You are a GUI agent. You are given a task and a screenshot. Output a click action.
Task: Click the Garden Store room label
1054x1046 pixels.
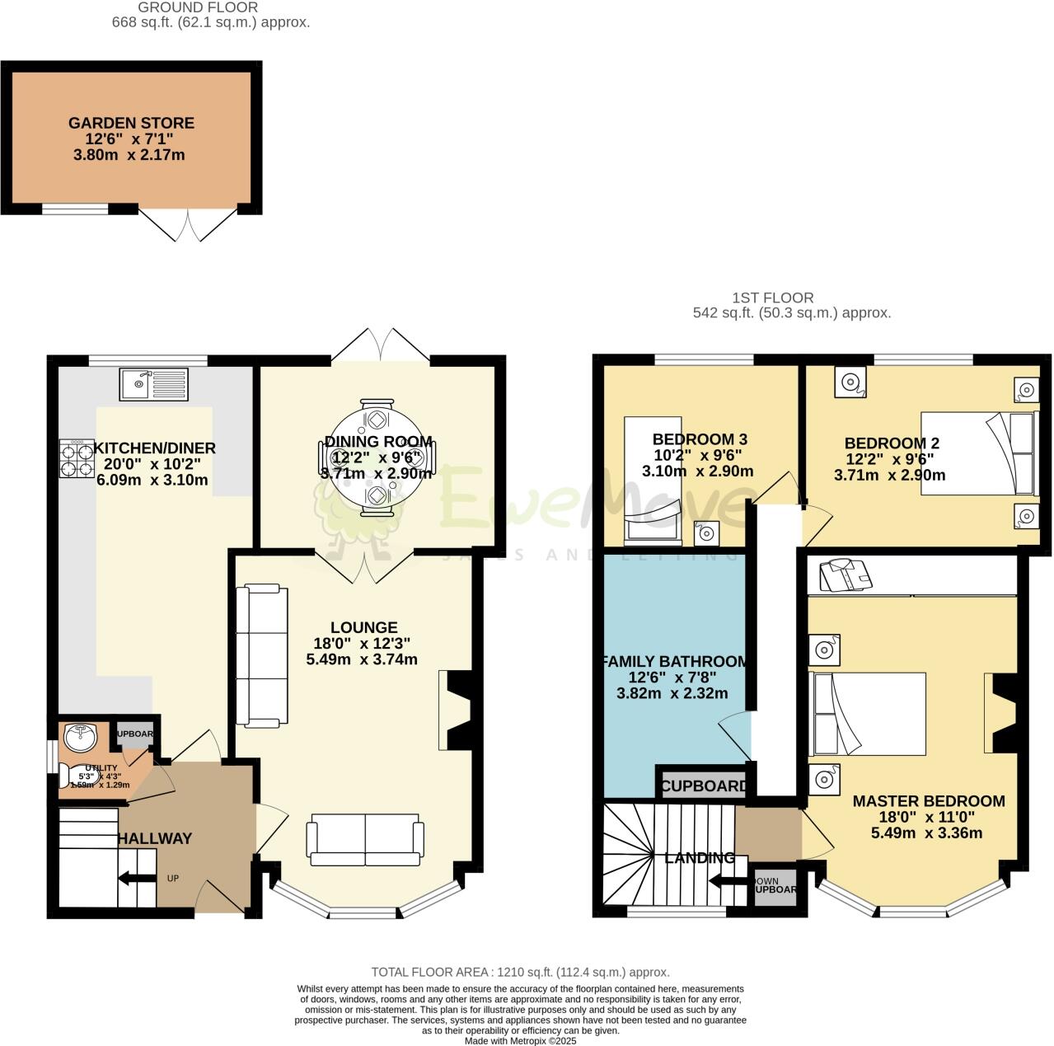pyautogui.click(x=131, y=123)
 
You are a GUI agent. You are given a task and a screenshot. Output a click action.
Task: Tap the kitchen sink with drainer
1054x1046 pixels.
pyautogui.click(x=154, y=383)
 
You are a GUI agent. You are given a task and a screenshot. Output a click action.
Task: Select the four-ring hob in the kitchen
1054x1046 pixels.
pyautogui.click(x=76, y=458)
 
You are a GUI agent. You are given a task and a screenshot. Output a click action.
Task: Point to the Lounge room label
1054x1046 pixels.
pyautogui.click(x=364, y=627)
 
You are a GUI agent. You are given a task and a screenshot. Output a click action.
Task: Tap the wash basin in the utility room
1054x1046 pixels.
pyautogui.click(x=81, y=739)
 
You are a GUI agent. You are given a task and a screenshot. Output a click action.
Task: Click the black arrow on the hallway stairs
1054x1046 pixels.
pyautogui.click(x=137, y=879)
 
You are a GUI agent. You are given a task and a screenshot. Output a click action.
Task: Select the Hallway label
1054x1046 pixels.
pyautogui.click(x=155, y=838)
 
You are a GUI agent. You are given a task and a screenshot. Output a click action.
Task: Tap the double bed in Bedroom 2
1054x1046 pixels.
pyautogui.click(x=977, y=453)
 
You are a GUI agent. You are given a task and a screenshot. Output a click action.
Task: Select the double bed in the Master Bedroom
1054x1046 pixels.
pyautogui.click(x=869, y=714)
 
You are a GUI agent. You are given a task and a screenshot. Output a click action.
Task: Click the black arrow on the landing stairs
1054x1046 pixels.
pyautogui.click(x=728, y=879)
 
